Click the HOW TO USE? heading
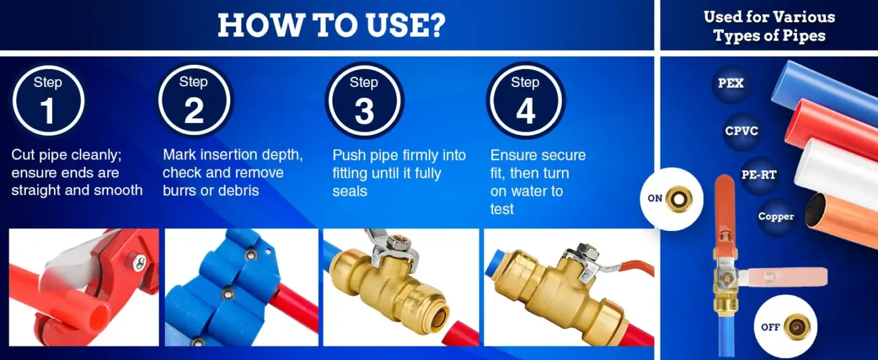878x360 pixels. point(332,25)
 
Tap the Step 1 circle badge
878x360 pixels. point(48,101)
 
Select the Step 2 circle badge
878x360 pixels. point(194,100)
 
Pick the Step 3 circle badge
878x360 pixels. point(365,101)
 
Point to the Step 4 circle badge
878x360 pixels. point(525,101)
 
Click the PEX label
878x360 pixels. point(731,83)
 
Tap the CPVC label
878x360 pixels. point(742,130)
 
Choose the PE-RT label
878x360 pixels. point(759,175)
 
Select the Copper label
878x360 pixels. point(776,216)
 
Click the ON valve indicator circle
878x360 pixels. point(672,199)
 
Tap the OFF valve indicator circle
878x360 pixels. point(785,327)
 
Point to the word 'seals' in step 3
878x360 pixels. point(350,191)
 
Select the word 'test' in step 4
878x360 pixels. point(502,209)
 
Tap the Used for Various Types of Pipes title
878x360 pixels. point(769,26)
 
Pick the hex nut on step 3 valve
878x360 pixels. point(396,242)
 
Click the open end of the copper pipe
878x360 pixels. point(816,211)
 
